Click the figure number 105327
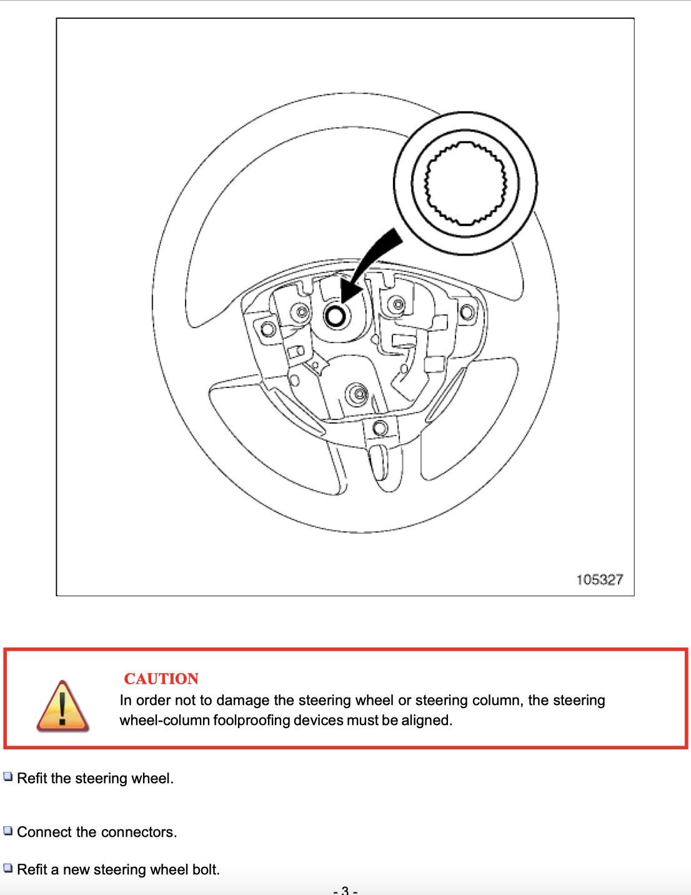click(599, 579)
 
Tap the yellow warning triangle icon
click(62, 706)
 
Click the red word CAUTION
click(161, 679)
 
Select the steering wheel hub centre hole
click(336, 316)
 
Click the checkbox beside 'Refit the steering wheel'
click(8, 777)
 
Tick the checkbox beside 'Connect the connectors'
click(8, 831)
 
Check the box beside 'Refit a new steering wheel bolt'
click(8, 868)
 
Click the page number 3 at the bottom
click(345, 890)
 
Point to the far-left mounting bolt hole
click(268, 329)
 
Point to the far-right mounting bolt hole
click(467, 312)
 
